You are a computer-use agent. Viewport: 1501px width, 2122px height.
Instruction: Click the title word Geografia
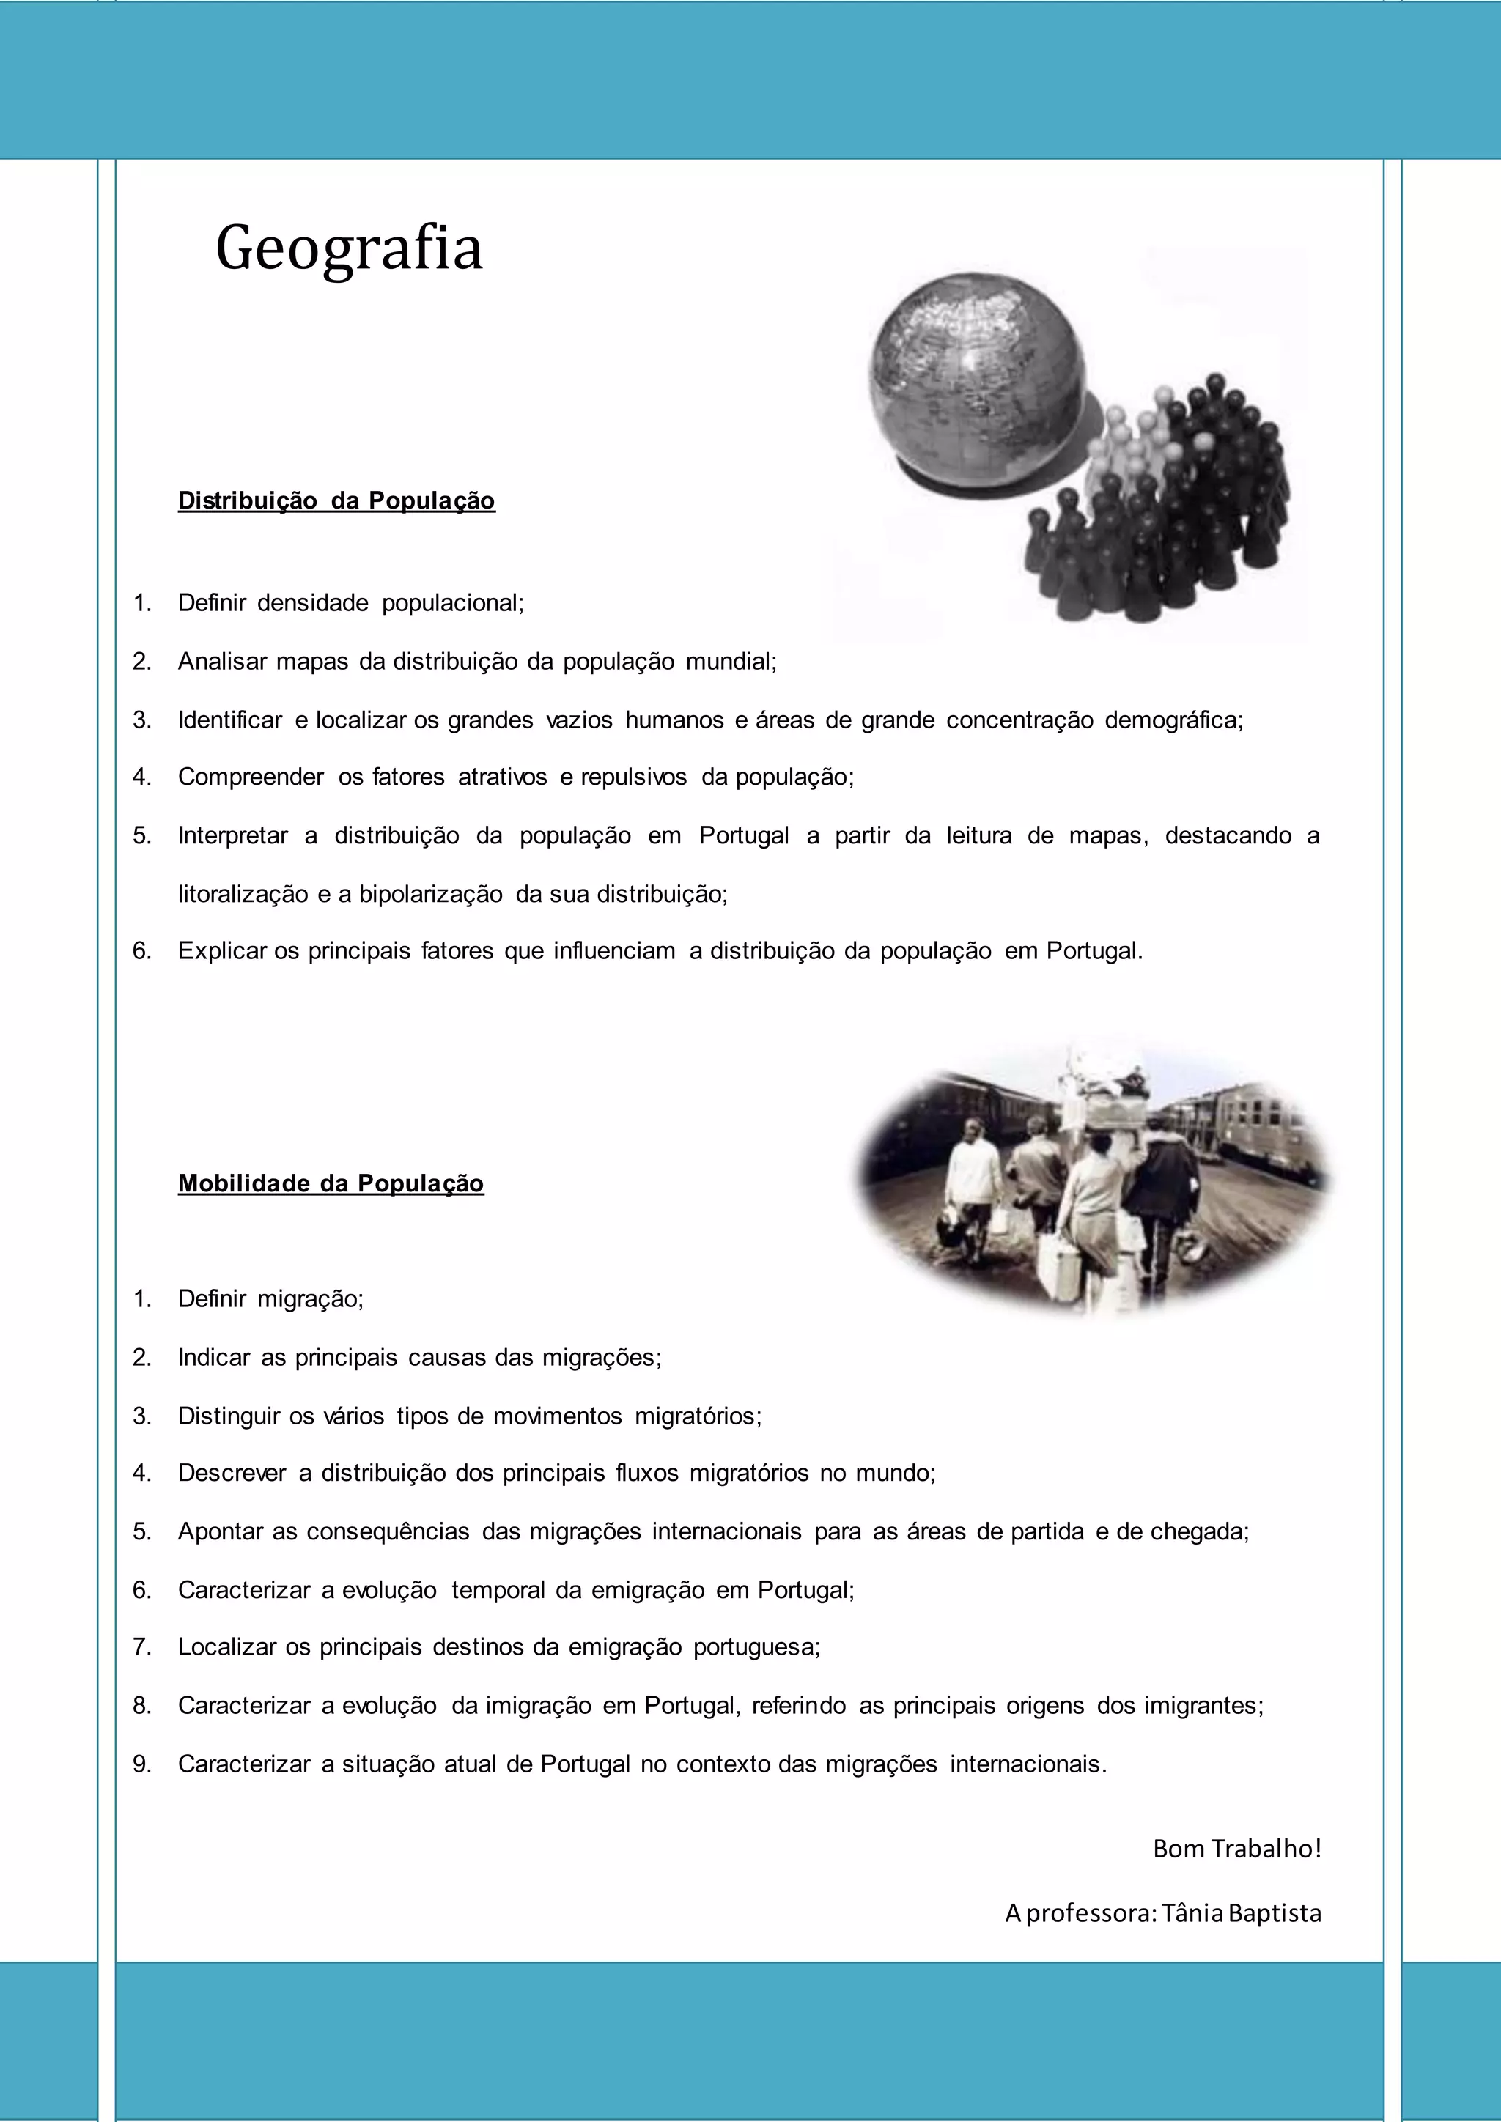coord(350,248)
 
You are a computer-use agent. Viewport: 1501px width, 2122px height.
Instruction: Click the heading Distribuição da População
coord(336,501)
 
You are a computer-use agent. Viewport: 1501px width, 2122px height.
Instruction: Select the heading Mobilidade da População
coord(331,1184)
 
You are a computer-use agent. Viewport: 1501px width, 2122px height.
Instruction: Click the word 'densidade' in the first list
coord(312,604)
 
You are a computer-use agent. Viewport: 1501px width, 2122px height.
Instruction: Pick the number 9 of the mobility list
coord(141,1764)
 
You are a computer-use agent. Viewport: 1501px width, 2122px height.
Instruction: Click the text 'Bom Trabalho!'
coord(1236,1849)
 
